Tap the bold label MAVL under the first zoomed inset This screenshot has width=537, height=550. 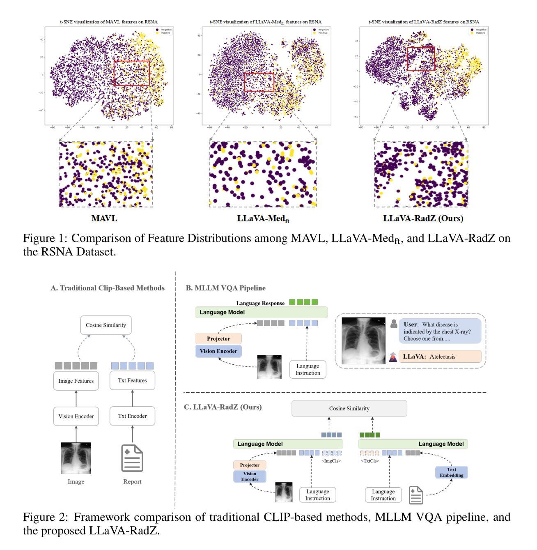click(x=104, y=219)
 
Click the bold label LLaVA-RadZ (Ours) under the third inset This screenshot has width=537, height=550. click(x=423, y=219)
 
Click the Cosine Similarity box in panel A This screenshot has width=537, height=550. click(x=106, y=325)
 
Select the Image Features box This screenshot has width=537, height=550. click(x=76, y=381)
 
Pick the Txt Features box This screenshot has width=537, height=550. click(x=132, y=381)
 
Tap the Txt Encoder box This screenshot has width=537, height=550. click(x=132, y=416)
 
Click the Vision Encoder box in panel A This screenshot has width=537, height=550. click(x=76, y=416)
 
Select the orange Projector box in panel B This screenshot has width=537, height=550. click(x=218, y=339)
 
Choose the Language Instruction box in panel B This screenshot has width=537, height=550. click(x=308, y=370)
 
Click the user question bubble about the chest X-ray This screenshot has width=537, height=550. click(x=439, y=331)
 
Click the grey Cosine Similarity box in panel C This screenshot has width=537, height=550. click(x=349, y=408)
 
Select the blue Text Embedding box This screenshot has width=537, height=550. click(x=452, y=472)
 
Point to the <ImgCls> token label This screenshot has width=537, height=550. click(x=332, y=461)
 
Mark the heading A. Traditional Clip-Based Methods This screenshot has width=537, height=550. click(x=108, y=288)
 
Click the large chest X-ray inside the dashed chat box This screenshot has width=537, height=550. click(x=363, y=339)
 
